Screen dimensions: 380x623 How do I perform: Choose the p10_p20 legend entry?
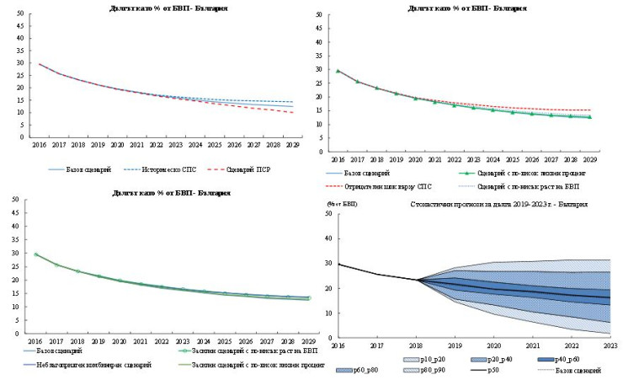pyautogui.click(x=437, y=359)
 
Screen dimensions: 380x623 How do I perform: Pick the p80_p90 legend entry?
pyautogui.click(x=437, y=371)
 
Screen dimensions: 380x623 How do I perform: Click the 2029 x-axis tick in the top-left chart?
pyautogui.click(x=292, y=145)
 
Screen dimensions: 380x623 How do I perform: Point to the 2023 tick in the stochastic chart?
pyautogui.click(x=609, y=345)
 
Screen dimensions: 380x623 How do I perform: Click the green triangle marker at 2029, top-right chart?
pyautogui.click(x=589, y=117)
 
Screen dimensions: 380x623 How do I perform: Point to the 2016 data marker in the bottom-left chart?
pyautogui.click(x=36, y=254)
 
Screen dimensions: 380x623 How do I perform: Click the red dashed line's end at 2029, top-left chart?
pyautogui.click(x=292, y=113)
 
